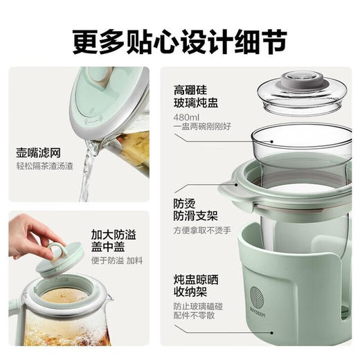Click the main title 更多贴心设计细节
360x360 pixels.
[179, 39]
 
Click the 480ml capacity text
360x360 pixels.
[186, 116]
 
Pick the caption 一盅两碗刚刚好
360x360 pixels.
[202, 127]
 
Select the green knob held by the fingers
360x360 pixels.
[57, 249]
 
